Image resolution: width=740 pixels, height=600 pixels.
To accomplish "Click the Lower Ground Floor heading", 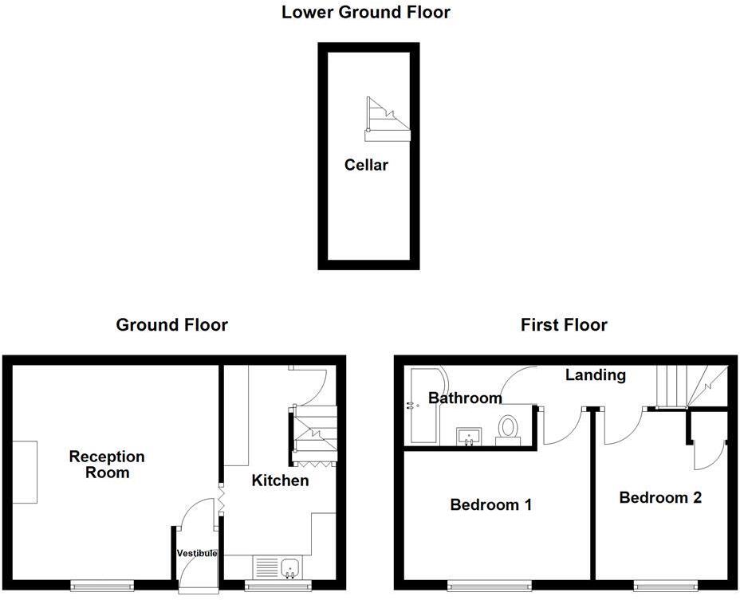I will [365, 13].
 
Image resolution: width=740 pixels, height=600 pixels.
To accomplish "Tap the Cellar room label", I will [366, 165].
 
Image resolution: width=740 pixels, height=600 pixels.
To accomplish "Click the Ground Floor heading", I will [171, 325].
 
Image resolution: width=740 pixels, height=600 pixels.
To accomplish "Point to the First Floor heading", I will [563, 325].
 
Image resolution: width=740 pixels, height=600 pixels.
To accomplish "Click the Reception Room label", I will [107, 465].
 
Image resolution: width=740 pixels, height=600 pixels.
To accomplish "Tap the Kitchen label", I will [280, 480].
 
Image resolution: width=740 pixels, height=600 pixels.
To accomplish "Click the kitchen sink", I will [275, 567].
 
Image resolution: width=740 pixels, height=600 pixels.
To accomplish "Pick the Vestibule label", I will [196, 553].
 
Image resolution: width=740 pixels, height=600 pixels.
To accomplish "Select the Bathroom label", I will [465, 398].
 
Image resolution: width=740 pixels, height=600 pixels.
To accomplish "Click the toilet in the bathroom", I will [508, 429].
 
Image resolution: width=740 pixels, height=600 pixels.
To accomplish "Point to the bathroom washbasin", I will [469, 435].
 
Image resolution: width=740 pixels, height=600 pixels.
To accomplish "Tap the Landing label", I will [595, 375].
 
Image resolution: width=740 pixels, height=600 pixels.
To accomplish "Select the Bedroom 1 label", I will [490, 504].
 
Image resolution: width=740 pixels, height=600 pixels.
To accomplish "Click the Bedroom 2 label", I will [660, 497].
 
